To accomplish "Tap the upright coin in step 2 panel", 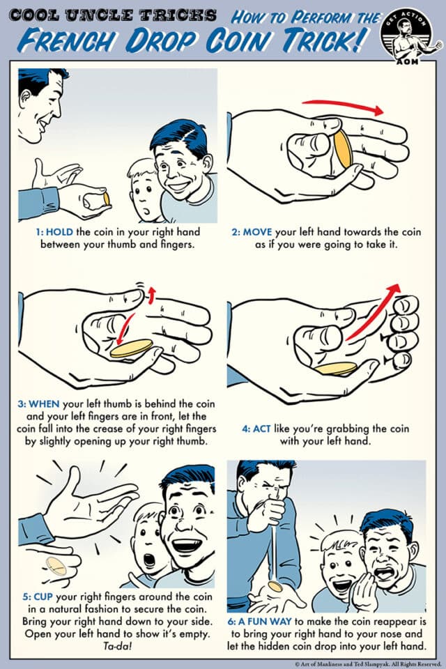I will coord(342,150).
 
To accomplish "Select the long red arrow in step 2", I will coord(343,107).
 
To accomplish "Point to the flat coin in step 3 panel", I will coord(132,348).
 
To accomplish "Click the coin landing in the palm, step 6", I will coord(276,587).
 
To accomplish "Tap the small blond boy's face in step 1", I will coord(143,192).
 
